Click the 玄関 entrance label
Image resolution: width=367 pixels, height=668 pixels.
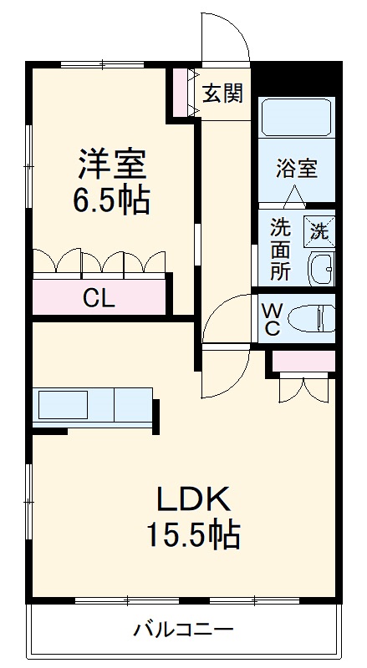[x=223, y=94]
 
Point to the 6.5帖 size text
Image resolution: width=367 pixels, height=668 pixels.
[x=112, y=201]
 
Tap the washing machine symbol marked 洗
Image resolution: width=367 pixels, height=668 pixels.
[x=319, y=230]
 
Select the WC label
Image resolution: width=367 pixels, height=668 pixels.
[x=273, y=318]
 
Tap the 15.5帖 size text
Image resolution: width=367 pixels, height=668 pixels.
[x=195, y=534]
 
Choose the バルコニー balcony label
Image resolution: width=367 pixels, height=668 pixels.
[x=184, y=630]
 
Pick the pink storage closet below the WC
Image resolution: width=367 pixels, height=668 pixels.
[x=303, y=361]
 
